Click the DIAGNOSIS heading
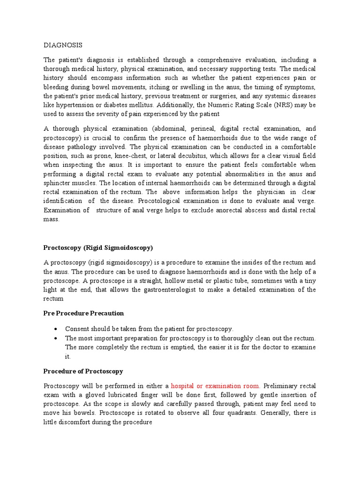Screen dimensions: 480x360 [63, 45]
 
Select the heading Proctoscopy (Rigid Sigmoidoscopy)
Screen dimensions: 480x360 [98, 247]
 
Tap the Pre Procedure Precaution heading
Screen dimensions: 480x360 [83, 313]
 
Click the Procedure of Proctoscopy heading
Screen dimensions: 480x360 [83, 371]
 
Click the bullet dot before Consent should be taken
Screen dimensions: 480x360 [56, 329]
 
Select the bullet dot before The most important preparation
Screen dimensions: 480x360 [56, 338]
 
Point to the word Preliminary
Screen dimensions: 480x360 [281, 386]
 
